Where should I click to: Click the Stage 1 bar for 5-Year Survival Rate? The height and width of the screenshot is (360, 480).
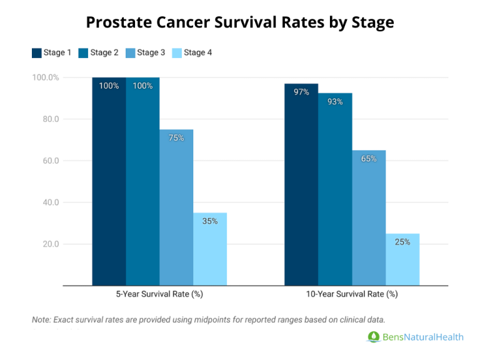109,181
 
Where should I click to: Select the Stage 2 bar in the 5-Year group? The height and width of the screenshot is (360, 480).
142,181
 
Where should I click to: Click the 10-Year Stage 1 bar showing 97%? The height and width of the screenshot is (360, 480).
301,184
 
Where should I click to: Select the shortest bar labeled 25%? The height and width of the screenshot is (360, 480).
402,259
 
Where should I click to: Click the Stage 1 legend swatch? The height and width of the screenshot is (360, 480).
36,53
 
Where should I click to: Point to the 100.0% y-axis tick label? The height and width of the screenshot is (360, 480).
46,77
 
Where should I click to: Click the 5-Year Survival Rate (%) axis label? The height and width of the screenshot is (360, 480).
159,294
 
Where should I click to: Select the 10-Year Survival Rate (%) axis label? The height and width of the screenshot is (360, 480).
352,294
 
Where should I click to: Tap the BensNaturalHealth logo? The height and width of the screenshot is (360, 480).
415,337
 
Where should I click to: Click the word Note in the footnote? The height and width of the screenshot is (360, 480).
42,319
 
